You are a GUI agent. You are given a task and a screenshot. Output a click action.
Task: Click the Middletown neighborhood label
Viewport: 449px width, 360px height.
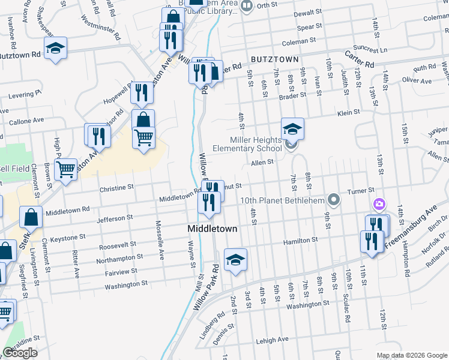[x=212, y=229]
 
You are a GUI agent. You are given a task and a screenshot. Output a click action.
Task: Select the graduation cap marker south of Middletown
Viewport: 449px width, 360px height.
[x=235, y=260]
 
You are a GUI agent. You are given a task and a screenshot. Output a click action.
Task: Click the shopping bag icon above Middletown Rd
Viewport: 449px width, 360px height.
[x=31, y=217]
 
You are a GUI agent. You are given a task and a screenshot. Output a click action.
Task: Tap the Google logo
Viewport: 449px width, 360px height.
[x=20, y=353]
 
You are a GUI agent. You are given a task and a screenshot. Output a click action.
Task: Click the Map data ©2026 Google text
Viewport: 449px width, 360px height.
[x=411, y=355]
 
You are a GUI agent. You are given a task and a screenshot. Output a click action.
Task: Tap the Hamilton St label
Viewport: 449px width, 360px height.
[x=301, y=240]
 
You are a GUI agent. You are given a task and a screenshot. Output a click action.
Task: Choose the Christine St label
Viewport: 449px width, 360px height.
[x=116, y=188]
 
